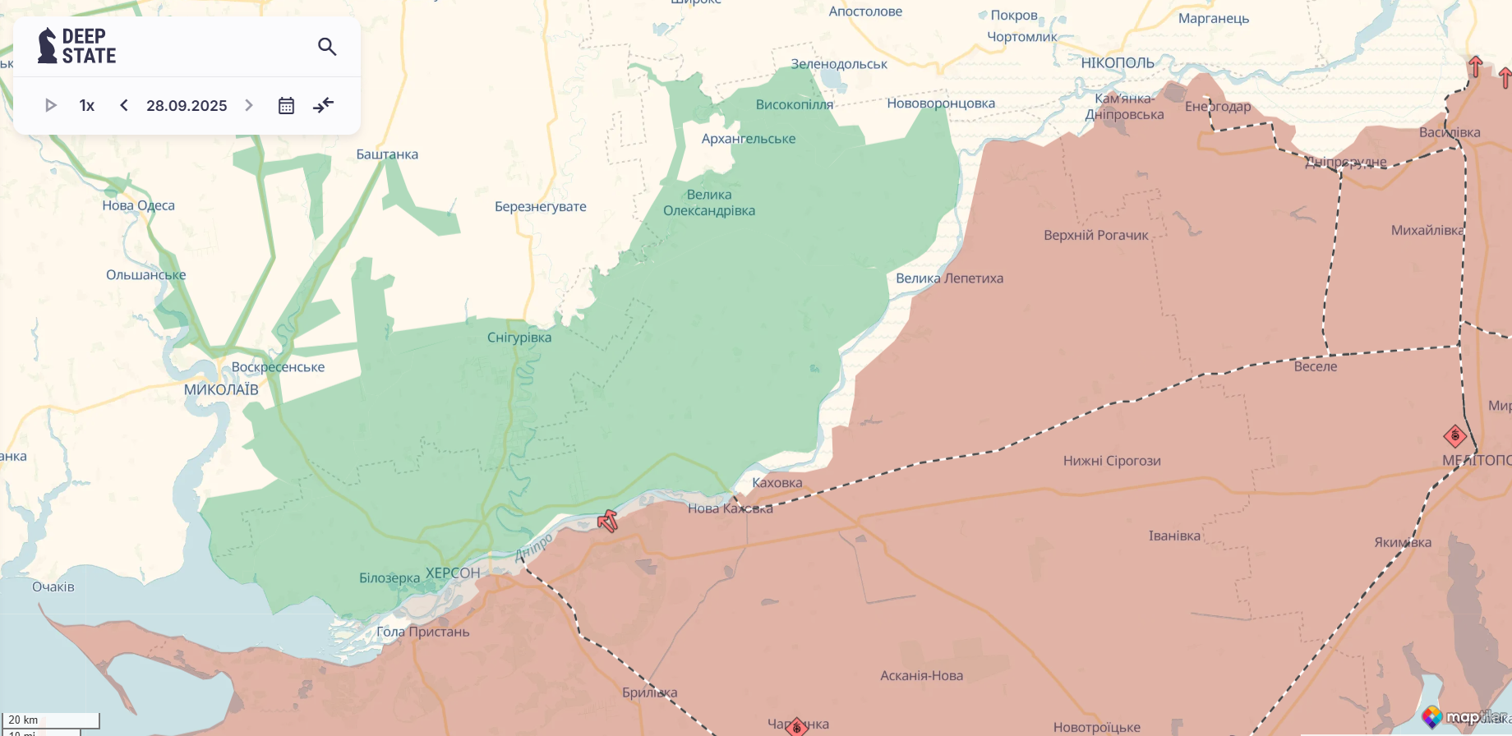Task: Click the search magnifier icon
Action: [x=327, y=47]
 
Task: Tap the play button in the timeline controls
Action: [x=50, y=105]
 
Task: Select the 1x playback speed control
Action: [x=87, y=105]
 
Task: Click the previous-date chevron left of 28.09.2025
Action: [x=124, y=105]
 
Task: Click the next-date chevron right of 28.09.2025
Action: [x=249, y=105]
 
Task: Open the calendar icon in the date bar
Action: [x=286, y=105]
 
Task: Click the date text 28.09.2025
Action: [x=187, y=105]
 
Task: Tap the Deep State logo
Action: [x=77, y=46]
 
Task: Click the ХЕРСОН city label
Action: [x=453, y=573]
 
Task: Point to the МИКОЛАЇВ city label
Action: [x=221, y=389]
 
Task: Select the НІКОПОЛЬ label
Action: [x=1118, y=63]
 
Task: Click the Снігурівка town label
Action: [x=519, y=338]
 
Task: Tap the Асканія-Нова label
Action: [x=921, y=675]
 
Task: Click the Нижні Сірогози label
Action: [x=1112, y=461]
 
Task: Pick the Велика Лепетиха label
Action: [x=949, y=278]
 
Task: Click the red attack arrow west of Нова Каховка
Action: [x=607, y=520]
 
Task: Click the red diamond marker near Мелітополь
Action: [x=1454, y=435]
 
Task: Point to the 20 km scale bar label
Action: [x=24, y=720]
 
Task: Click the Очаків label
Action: [x=53, y=586]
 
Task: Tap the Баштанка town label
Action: [x=387, y=154]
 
